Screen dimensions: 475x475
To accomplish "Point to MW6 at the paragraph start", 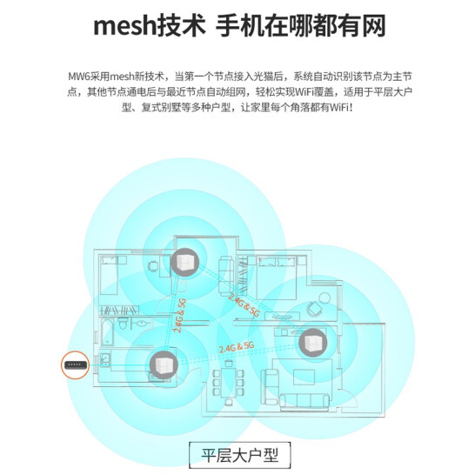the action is tap(79, 77).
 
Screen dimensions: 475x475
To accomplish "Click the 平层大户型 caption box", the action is tap(239, 455).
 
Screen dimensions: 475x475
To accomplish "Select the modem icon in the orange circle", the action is tap(76, 365).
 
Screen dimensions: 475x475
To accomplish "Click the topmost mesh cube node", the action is tap(184, 263).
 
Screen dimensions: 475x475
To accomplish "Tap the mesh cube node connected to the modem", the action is tap(164, 365).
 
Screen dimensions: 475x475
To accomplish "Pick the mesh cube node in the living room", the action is tap(312, 342).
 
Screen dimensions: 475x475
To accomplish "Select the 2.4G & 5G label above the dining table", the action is tap(237, 347).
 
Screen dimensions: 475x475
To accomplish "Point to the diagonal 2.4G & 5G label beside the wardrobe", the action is tap(244, 305).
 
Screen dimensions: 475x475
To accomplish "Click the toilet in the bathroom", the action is tap(123, 324).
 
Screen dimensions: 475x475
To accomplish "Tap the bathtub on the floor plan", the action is tap(108, 332).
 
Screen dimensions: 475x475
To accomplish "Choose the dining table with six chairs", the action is tap(229, 382).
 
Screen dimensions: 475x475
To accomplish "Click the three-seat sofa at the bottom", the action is tap(304, 401).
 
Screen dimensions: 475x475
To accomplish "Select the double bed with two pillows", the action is tap(276, 278).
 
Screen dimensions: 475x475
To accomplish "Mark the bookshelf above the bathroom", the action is tap(119, 311).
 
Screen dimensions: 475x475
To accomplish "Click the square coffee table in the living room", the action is tap(304, 378).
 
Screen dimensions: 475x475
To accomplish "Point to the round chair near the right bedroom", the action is tap(314, 308).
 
